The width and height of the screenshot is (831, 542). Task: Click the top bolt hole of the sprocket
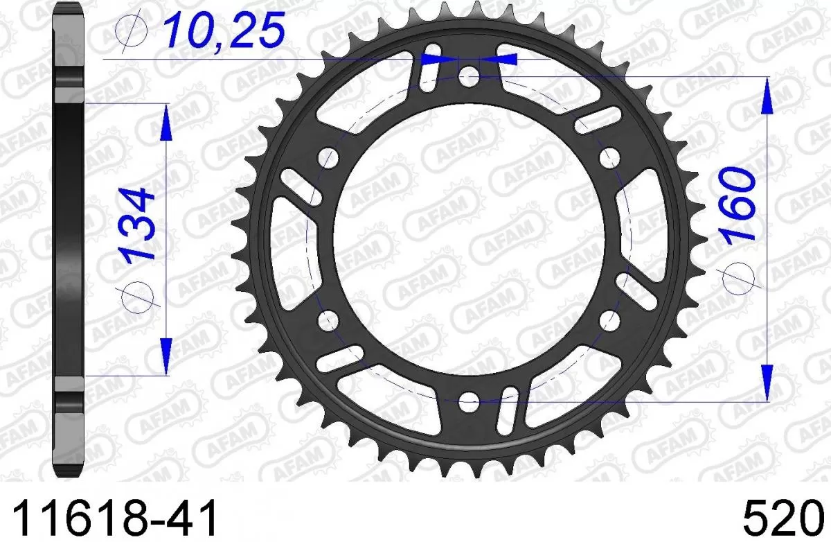point(469,76)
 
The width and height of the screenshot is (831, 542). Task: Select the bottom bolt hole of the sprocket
point(469,400)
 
